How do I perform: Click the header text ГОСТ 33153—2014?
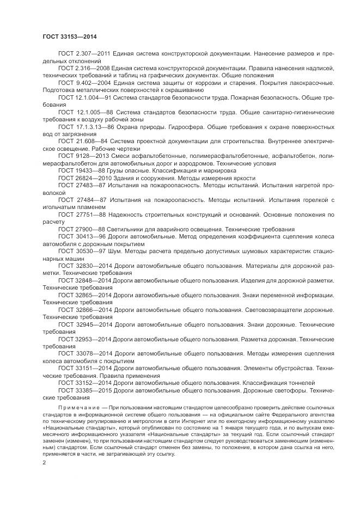point(65,36)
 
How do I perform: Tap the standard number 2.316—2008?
point(93,68)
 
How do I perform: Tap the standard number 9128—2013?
point(92,155)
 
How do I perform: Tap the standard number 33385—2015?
point(94,390)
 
